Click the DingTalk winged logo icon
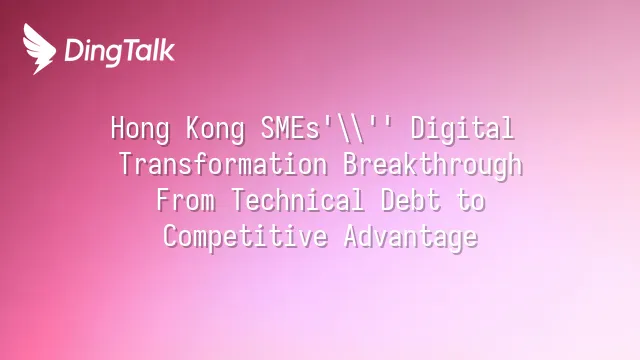point(39,49)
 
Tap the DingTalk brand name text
point(120,51)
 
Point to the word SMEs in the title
point(290,128)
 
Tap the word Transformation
point(223,164)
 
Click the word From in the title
point(186,200)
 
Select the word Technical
point(298,200)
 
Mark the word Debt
point(410,200)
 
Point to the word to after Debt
point(471,201)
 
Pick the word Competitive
point(245,237)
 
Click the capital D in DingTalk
point(73,50)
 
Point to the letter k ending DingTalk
point(167,49)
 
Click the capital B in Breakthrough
point(351,164)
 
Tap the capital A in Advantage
point(353,236)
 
